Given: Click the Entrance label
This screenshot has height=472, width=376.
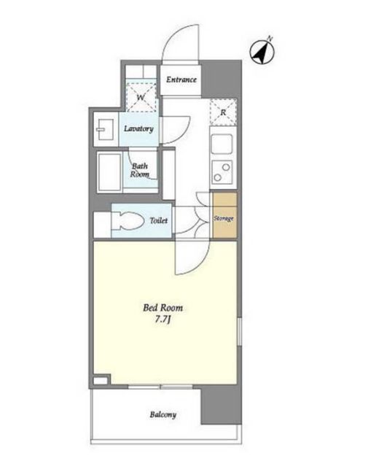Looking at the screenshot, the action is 181,80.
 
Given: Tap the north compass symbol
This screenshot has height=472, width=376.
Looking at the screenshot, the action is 262,52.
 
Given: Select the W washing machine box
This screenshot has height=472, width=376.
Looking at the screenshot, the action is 141,97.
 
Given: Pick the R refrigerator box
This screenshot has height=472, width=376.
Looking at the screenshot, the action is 223,112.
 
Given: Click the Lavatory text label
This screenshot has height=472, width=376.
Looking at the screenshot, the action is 138,128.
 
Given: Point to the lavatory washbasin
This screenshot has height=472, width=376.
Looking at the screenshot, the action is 104,130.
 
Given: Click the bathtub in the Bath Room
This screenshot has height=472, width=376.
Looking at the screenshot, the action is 109,172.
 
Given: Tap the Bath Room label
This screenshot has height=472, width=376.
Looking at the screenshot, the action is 140,170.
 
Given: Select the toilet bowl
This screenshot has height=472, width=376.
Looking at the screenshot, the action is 128,221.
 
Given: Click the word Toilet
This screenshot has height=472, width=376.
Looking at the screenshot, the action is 159,220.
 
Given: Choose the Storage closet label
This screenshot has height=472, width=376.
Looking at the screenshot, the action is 224,218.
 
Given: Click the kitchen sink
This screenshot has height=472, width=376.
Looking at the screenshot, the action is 222,144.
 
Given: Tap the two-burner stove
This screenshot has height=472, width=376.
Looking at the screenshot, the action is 222,172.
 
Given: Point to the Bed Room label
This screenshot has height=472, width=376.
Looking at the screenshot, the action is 163,308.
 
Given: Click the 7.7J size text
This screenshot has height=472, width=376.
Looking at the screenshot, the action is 163,320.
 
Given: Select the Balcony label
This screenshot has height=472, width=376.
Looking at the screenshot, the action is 163,414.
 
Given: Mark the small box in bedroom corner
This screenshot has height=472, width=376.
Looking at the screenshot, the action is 101,380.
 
